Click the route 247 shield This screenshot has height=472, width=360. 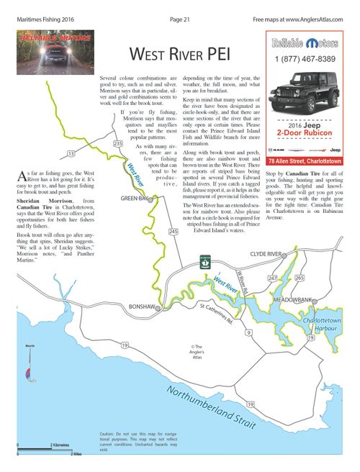click(271, 277)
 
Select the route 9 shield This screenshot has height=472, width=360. click(248, 332)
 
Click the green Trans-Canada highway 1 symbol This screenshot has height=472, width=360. click(205, 263)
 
